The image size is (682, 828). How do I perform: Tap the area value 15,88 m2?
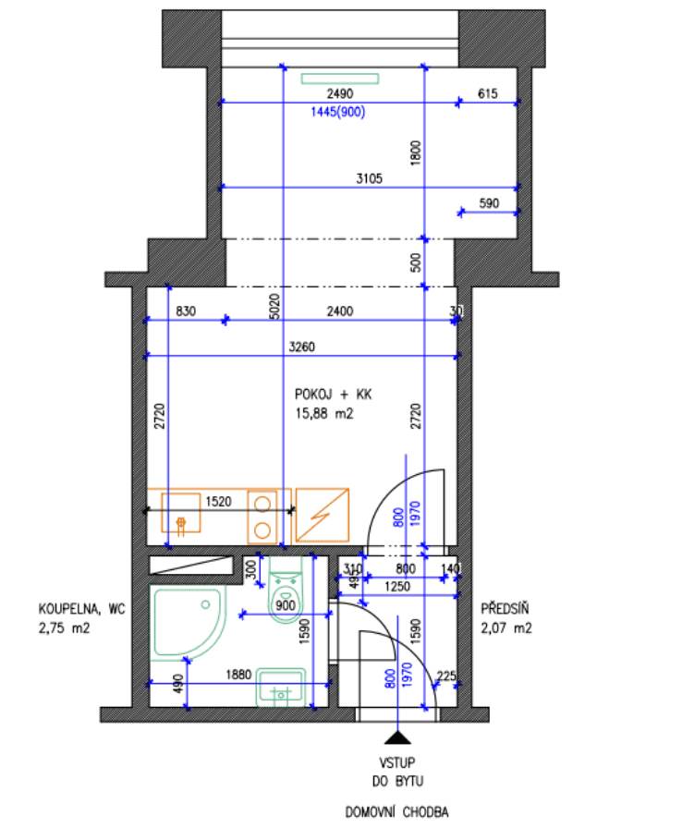pos(323,415)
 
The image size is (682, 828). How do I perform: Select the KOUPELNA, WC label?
pos(81,609)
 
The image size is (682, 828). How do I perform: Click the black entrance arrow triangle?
pos(397,736)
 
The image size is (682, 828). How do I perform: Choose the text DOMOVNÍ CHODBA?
pos(397,812)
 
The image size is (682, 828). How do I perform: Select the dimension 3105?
pos(367,179)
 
